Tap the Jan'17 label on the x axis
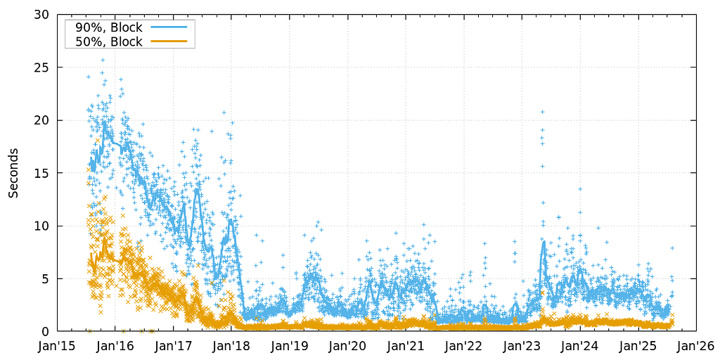tap(174, 346)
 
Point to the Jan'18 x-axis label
tap(232, 346)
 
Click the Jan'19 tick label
tap(290, 346)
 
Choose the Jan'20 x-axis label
tap(348, 346)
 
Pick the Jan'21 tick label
tap(406, 346)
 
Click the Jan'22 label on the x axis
tap(464, 346)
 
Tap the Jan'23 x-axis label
tap(522, 346)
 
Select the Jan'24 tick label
tap(580, 346)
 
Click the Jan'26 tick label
tap(696, 346)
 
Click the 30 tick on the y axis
tap(42, 15)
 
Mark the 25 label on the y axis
tap(42, 67)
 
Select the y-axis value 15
tap(42, 173)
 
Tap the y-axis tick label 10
tap(42, 226)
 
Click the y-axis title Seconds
tap(13, 173)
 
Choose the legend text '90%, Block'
tap(108, 28)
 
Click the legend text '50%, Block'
tap(108, 41)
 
